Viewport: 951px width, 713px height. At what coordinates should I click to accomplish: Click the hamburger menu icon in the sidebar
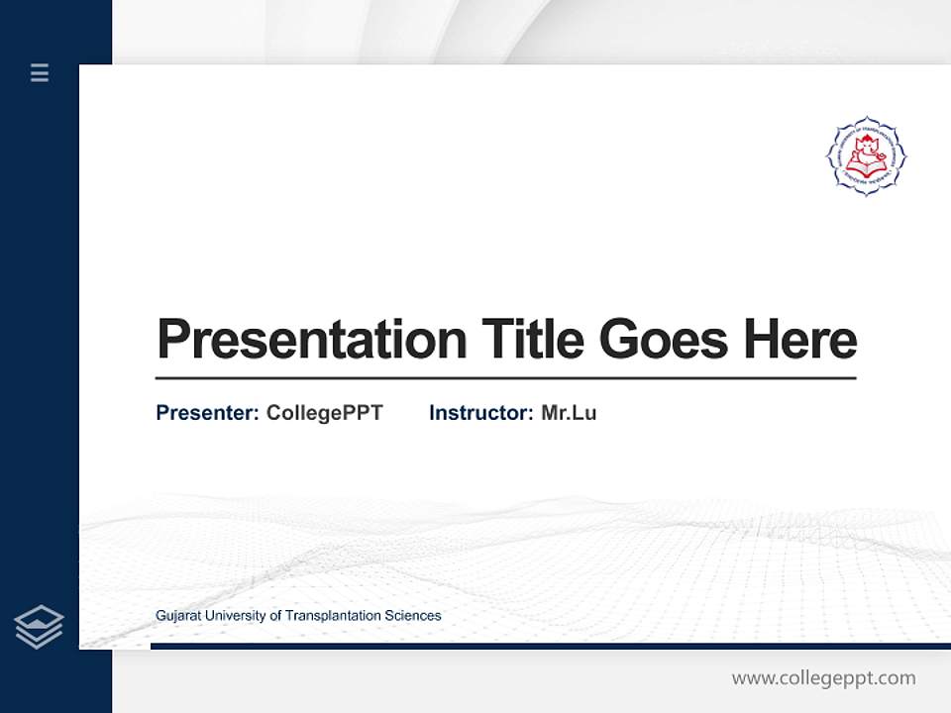tap(40, 72)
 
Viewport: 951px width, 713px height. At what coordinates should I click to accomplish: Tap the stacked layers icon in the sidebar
tap(39, 627)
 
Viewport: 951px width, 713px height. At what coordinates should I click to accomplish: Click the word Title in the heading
tap(532, 339)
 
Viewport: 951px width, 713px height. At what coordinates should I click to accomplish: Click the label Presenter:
tap(207, 413)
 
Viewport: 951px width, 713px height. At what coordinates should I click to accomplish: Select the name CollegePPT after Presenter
tap(324, 413)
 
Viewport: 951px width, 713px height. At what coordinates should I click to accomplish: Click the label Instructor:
tap(480, 413)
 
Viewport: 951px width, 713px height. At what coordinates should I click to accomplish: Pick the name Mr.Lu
tap(569, 413)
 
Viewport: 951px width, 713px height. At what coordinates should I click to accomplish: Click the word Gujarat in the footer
tap(177, 616)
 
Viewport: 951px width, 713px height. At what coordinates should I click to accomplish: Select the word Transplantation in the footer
tap(332, 616)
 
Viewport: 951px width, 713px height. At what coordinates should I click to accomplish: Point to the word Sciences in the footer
tap(414, 616)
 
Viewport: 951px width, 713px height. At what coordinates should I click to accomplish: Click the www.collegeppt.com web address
tap(823, 678)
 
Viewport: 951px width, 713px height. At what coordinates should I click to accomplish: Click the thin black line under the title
tap(505, 378)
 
